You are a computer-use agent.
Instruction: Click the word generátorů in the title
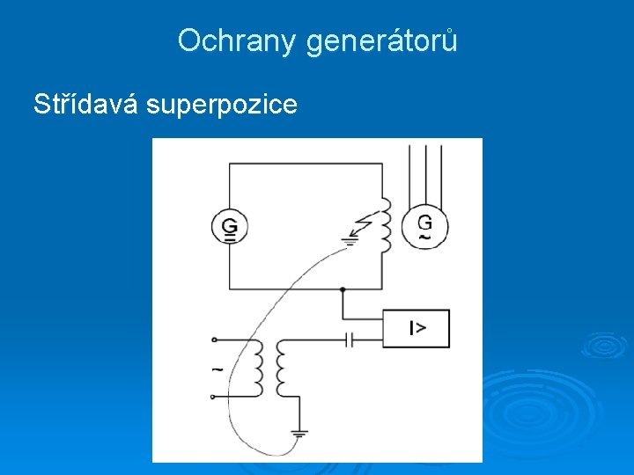tap(382, 41)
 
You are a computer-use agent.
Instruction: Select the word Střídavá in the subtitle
tap(86, 105)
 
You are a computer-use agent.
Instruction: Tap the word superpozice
tap(222, 106)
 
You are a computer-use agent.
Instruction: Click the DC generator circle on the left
tap(229, 226)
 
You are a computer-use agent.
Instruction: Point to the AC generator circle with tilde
tap(424, 226)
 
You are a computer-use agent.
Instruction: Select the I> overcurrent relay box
tap(416, 328)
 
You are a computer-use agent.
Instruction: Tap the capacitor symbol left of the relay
tap(350, 339)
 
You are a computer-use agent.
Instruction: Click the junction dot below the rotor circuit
tap(343, 289)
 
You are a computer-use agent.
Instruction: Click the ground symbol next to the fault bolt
tap(351, 238)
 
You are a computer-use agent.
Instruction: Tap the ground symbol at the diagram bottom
tap(299, 434)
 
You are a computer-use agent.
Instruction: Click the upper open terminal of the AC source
tap(214, 340)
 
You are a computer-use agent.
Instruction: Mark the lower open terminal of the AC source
tap(214, 396)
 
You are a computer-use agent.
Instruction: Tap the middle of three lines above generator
tap(424, 172)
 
